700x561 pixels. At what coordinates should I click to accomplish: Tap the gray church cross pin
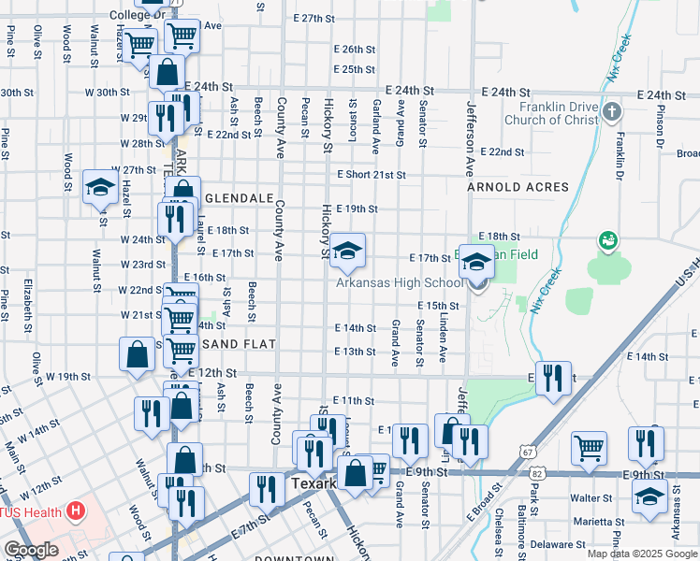click(612, 113)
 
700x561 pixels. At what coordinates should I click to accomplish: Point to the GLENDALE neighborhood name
click(239, 199)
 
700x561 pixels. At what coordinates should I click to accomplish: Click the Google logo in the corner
click(31, 550)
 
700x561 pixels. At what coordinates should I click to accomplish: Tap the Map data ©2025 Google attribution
click(642, 554)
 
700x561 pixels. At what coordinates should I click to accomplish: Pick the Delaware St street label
click(559, 542)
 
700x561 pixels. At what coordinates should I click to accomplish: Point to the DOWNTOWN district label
click(295, 558)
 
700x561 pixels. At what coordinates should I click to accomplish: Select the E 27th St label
click(314, 18)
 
